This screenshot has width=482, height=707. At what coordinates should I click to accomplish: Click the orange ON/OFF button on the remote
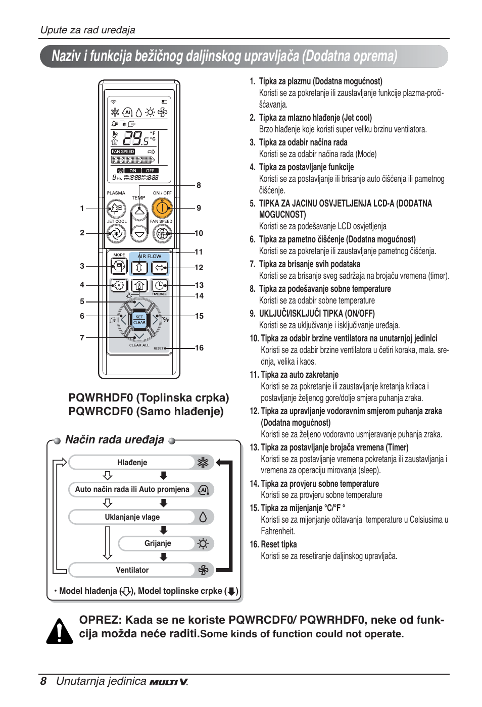[x=162, y=208]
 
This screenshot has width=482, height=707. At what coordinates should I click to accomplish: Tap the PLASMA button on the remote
[x=116, y=208]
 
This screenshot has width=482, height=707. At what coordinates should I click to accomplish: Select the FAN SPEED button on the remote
[x=162, y=233]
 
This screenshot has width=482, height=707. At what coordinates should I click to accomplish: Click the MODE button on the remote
[x=119, y=266]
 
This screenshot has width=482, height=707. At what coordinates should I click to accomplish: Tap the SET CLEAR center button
[x=139, y=319]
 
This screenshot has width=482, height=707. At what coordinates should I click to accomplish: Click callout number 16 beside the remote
[x=199, y=348]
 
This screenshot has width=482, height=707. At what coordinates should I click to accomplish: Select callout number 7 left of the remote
[x=82, y=337]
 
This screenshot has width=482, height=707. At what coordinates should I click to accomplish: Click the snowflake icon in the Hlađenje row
[x=203, y=463]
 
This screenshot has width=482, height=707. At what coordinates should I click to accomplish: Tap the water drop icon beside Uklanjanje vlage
[x=203, y=517]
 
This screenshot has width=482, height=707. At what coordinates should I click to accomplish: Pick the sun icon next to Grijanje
[x=203, y=544]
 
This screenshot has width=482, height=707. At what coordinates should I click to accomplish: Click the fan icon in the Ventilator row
[x=203, y=570]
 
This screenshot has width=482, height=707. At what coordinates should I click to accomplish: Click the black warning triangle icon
[x=60, y=631]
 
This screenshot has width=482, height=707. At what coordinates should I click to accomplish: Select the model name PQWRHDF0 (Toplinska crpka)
[x=149, y=398]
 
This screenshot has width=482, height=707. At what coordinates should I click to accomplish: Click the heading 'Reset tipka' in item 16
[x=278, y=544]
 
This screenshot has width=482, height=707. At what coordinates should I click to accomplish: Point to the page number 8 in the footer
[x=43, y=681]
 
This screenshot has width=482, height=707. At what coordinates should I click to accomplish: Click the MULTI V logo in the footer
[x=169, y=682]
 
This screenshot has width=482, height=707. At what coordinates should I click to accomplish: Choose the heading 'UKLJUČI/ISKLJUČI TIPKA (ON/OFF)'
[x=317, y=314]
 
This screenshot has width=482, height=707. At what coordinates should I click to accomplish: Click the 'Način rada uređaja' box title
[x=115, y=440]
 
